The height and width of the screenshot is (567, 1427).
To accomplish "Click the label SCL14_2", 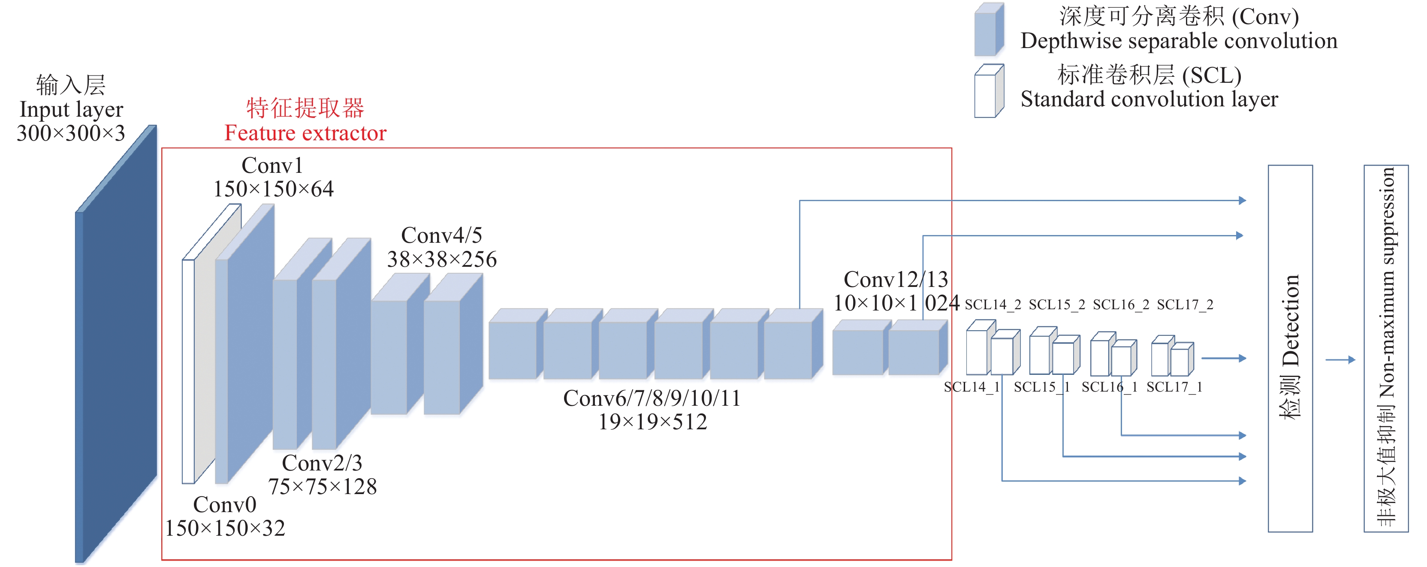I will click(992, 305).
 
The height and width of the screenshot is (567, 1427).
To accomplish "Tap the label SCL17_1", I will click(1174, 387).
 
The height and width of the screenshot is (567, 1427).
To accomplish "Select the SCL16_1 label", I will click(1109, 387).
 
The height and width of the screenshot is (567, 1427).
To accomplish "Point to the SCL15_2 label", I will click(1056, 305).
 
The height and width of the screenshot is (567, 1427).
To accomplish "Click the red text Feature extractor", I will click(305, 133).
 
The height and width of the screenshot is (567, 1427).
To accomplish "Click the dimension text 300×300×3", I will click(71, 133).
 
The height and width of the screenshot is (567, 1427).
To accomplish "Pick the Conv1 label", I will click(272, 165).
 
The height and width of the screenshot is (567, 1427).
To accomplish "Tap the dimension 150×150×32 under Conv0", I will click(225, 528).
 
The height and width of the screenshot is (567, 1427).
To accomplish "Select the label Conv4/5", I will click(441, 235).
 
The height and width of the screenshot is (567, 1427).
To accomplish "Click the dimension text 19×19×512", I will click(652, 422).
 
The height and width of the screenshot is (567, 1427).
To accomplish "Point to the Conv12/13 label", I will click(895, 280).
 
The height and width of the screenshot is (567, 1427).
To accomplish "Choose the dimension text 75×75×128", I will click(323, 487).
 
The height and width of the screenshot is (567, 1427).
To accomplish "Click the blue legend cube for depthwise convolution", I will click(988, 30).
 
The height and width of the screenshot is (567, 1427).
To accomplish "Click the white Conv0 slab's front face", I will click(188, 371).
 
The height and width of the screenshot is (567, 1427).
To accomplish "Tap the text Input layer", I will click(71, 110).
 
